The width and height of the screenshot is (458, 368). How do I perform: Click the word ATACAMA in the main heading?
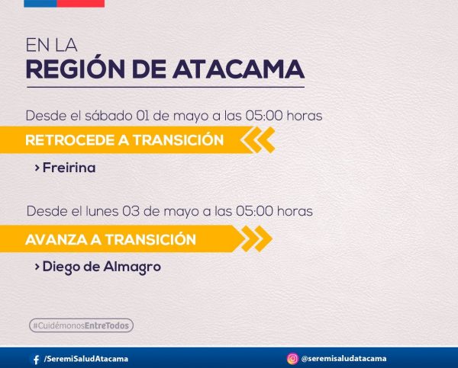[x=238, y=69]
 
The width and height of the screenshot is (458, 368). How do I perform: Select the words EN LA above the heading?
[x=51, y=45]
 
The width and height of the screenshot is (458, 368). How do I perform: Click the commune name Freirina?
[x=69, y=168]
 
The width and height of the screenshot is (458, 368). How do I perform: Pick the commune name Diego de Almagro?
[x=102, y=267]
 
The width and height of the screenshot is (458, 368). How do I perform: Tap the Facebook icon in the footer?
[x=36, y=360]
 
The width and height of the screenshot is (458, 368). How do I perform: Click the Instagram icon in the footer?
[x=292, y=359]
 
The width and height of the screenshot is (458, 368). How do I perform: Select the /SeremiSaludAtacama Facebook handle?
[x=85, y=359]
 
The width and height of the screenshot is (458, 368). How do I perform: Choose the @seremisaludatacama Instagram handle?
[x=343, y=358]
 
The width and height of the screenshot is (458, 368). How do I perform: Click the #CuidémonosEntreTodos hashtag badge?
[x=81, y=325]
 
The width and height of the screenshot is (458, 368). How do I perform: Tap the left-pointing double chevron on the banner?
[x=258, y=140]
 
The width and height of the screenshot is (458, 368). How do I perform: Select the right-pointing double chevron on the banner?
[x=256, y=238]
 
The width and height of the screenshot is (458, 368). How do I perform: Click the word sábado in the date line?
[x=108, y=116]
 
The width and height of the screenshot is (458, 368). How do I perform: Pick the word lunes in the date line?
[x=102, y=211]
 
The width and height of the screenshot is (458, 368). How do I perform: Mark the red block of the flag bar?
[x=81, y=4]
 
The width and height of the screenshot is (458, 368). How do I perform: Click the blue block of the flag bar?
[x=40, y=4]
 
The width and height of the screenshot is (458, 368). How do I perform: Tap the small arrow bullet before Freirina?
[x=37, y=168]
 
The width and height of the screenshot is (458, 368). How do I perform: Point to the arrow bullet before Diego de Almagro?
[x=37, y=267]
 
